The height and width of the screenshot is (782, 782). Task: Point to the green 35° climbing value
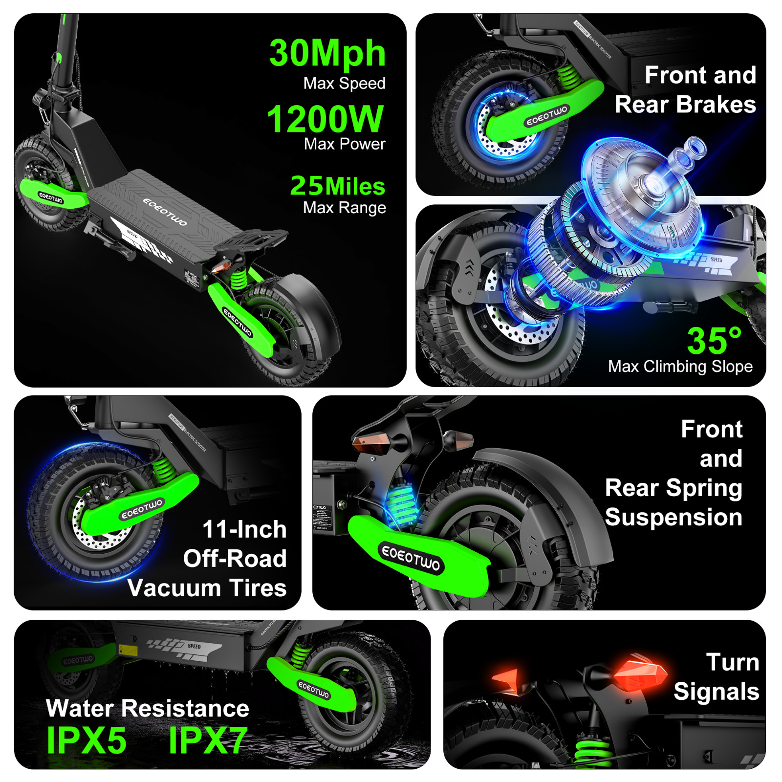click(x=714, y=341)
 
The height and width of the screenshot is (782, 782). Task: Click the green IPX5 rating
click(x=87, y=740)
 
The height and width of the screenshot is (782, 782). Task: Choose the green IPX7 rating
click(x=207, y=740)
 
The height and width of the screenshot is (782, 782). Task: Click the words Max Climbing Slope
click(x=680, y=366)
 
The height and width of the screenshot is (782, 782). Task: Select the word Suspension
click(x=673, y=517)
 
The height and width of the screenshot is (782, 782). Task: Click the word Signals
click(x=716, y=692)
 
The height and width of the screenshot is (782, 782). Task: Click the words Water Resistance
click(x=148, y=708)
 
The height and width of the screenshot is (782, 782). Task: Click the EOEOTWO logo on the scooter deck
click(x=165, y=212)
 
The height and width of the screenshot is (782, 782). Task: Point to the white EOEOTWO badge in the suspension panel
click(x=411, y=558)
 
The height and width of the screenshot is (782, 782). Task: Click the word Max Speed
click(x=344, y=83)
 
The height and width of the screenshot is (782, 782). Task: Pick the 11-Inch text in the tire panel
click(x=244, y=529)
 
